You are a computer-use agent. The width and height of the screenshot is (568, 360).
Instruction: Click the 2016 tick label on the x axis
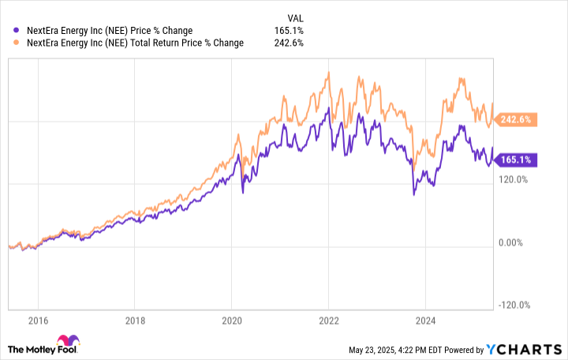[x=38, y=321]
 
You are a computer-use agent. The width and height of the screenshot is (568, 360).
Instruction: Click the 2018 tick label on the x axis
[x=134, y=321]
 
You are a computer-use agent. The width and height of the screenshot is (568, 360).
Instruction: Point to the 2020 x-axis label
[x=231, y=321]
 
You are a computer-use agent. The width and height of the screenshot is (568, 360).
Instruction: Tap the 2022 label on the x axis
[x=328, y=321]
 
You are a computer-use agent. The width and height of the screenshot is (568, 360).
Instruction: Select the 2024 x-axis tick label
[x=425, y=321]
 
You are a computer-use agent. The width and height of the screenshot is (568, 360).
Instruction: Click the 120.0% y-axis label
[x=514, y=180]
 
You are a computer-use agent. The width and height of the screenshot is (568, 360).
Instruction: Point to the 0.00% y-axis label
[x=512, y=243]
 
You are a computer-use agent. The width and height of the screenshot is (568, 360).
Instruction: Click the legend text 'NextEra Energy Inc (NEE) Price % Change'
[x=108, y=31]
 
